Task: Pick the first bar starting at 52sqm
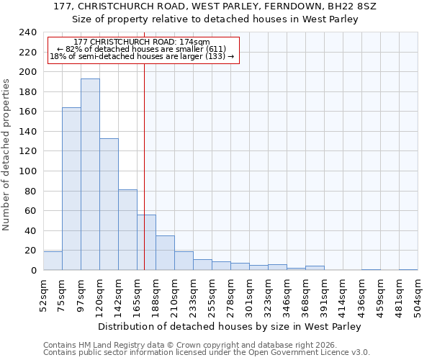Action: (x=53, y=261)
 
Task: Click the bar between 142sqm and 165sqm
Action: (x=127, y=230)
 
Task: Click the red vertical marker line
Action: (x=145, y=144)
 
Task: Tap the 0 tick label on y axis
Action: (x=34, y=271)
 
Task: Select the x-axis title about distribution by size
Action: (x=229, y=326)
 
